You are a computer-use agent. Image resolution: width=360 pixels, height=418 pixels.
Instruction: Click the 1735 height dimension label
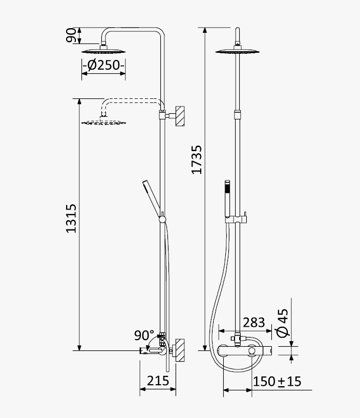197,159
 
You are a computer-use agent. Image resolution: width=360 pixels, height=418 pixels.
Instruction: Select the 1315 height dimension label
71,219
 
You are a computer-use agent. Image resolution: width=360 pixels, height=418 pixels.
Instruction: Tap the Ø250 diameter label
103,65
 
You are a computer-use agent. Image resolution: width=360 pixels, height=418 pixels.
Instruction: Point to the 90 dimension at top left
71,35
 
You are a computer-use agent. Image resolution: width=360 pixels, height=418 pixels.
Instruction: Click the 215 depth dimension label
158,381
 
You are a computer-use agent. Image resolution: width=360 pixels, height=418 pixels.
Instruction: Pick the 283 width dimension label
254,323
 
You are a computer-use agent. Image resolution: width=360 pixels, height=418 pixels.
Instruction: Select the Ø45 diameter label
283,323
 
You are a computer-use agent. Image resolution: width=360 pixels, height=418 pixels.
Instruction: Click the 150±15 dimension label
277,382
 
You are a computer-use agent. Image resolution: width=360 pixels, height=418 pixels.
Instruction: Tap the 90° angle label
144,336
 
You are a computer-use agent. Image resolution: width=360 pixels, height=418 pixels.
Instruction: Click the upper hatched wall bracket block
180,116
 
